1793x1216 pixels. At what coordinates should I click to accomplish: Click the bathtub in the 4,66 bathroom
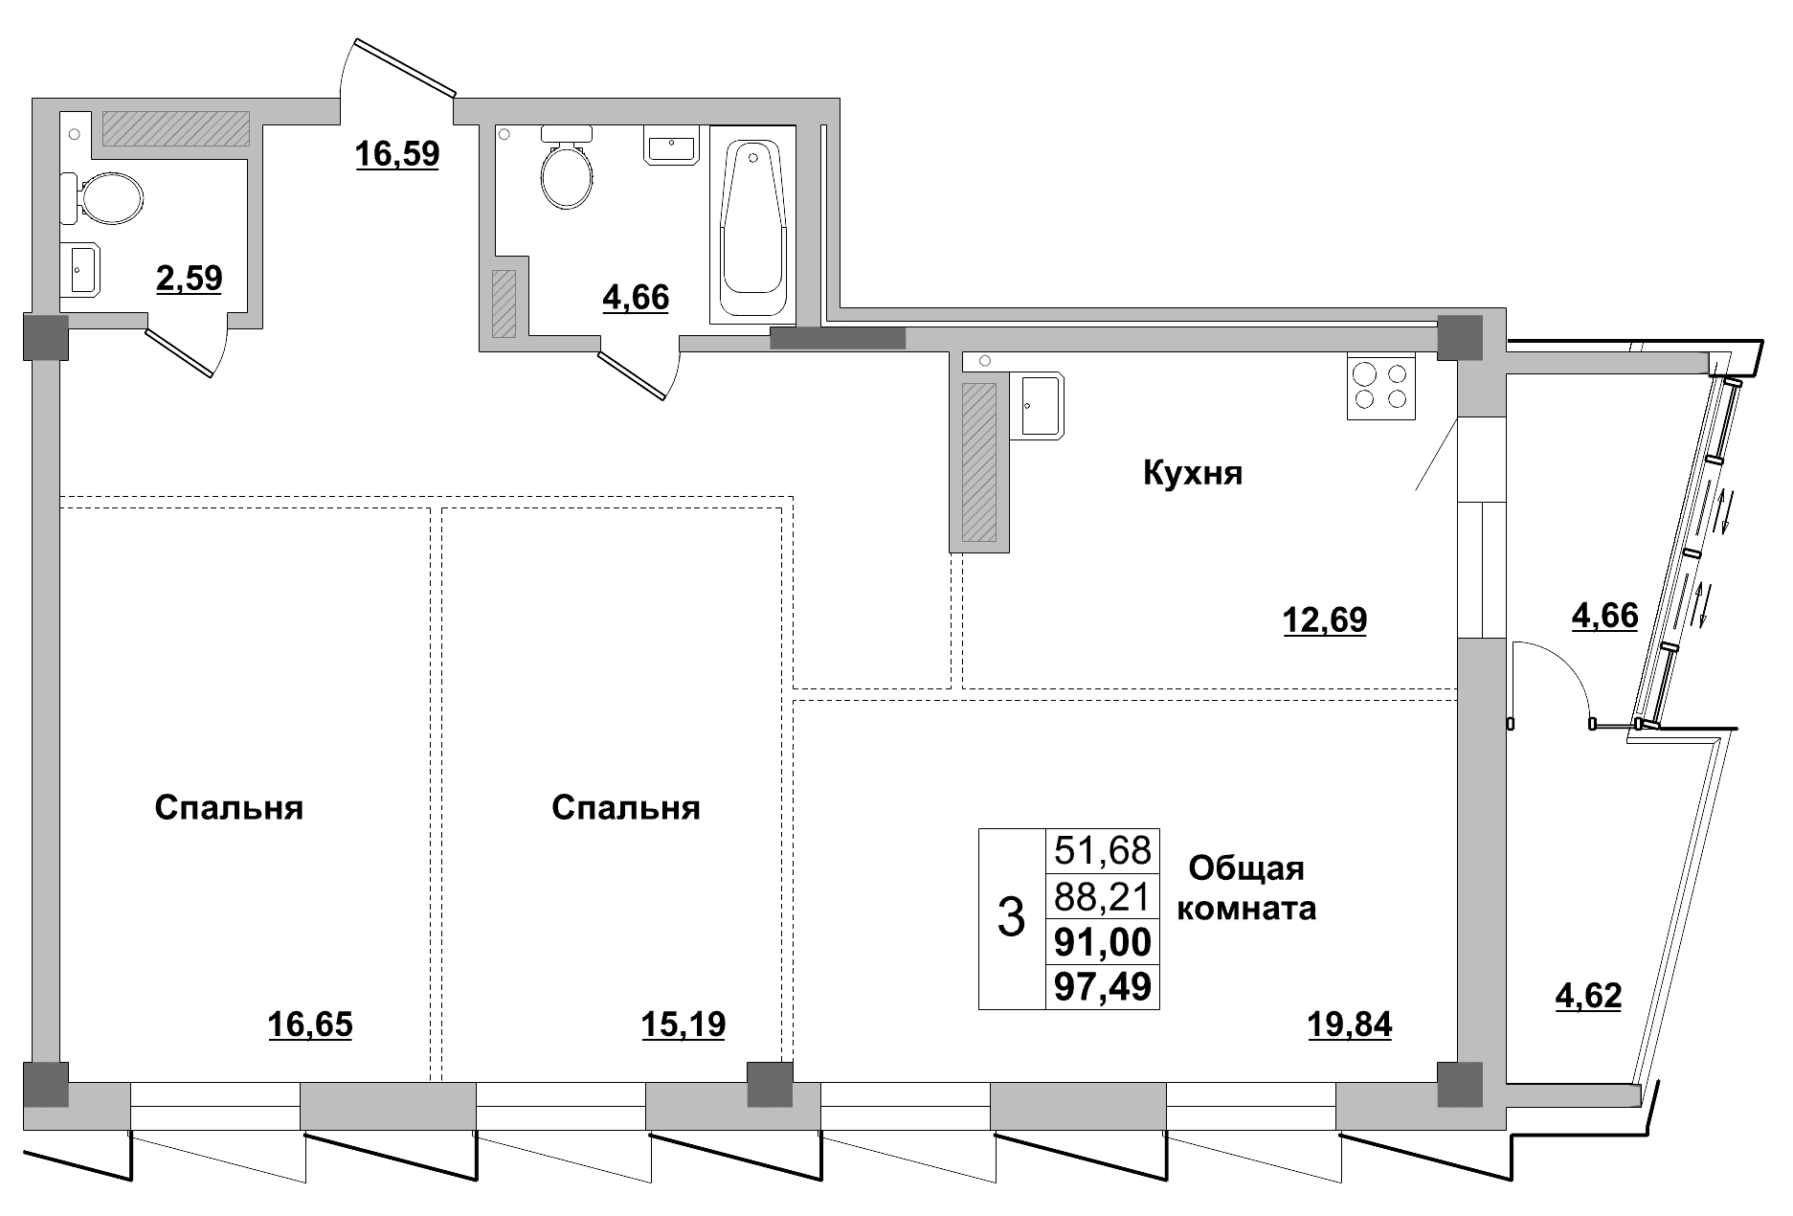753,225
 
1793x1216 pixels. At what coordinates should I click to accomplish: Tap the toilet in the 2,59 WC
105,199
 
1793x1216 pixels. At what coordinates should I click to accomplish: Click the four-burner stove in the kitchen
1380,386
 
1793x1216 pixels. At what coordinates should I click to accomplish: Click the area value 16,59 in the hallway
396,153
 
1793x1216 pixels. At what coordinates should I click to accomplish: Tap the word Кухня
1193,473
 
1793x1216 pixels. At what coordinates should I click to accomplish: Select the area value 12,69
1324,620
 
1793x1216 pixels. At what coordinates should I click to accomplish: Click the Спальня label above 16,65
229,808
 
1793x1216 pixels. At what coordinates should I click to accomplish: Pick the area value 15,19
683,1025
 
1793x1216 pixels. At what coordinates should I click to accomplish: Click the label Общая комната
1245,889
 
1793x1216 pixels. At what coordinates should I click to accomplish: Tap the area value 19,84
1349,1025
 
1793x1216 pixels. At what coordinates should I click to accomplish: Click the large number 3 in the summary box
1011,917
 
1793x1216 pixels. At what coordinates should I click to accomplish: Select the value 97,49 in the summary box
1102,985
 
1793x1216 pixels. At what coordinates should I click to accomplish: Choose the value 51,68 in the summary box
1102,849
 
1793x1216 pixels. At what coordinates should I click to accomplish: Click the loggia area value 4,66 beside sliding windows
1605,615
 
